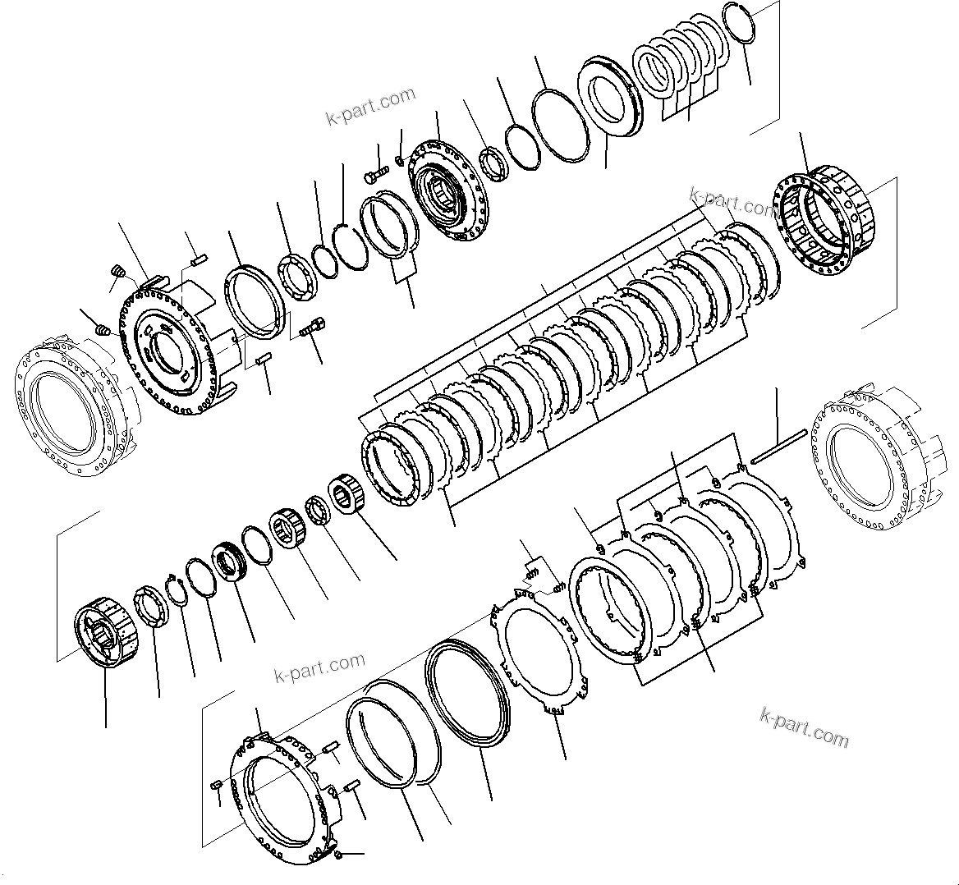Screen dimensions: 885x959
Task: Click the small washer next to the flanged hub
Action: click(400, 159)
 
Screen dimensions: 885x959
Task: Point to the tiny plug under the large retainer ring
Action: click(339, 855)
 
